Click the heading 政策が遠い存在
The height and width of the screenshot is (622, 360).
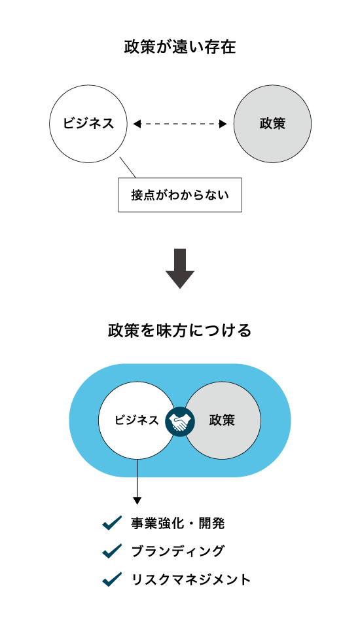point(179,47)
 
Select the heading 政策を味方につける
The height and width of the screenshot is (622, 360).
point(179,330)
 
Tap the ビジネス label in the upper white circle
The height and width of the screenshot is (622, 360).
point(88,123)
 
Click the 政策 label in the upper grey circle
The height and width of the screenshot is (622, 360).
point(272,123)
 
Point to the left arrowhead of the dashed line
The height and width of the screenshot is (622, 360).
point(137,124)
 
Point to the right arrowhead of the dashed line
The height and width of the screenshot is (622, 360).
point(223,124)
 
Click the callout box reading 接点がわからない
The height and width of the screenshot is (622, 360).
point(180,194)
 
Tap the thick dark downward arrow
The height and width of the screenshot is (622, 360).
point(180,268)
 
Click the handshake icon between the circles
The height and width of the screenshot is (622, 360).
point(180,421)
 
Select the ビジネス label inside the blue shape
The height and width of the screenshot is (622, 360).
point(136,420)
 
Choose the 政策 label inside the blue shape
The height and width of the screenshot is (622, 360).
point(222,420)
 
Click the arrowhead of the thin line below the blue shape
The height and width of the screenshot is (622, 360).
point(137,500)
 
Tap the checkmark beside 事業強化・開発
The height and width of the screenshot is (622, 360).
point(112,523)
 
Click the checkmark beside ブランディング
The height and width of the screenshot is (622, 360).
point(112,551)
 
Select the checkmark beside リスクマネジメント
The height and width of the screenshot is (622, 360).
point(112,579)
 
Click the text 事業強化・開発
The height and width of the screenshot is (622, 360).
point(177,524)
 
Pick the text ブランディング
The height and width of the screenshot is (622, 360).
point(177,551)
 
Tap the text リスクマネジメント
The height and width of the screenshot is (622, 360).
point(190,579)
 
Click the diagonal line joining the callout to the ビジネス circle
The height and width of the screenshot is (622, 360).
point(128,167)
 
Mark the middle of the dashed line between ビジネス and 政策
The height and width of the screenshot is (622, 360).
point(180,124)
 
